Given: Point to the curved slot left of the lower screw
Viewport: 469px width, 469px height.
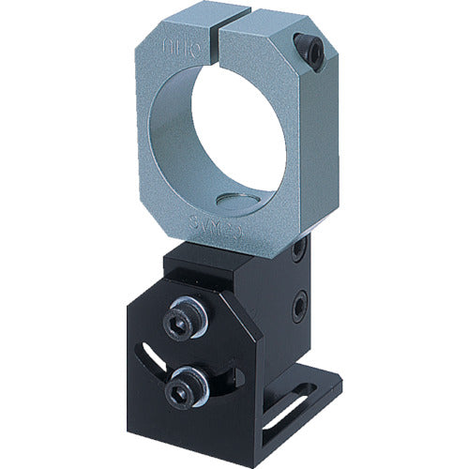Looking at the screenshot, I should [154, 360].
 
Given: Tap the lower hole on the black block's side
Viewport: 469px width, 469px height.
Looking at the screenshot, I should [301, 305].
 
